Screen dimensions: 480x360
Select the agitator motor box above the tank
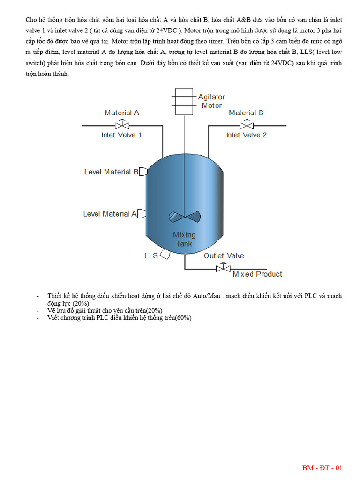tap(184, 101)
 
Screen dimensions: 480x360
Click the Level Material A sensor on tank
tap(142, 214)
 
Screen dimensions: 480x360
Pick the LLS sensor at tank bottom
tap(165, 255)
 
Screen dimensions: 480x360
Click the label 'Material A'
tap(122, 113)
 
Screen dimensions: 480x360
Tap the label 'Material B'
tap(246, 113)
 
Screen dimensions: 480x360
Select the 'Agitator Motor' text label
tap(211, 101)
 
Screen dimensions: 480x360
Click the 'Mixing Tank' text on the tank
tap(184, 239)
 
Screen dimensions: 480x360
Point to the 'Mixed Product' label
tap(257, 274)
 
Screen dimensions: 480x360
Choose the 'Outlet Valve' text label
tap(224, 256)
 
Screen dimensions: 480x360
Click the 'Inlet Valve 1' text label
tap(121, 135)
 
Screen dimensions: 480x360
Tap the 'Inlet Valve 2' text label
tap(246, 135)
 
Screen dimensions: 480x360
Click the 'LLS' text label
tap(151, 256)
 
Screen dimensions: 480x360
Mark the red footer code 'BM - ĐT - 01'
tap(322, 468)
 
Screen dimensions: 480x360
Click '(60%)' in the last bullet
tap(183, 318)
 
